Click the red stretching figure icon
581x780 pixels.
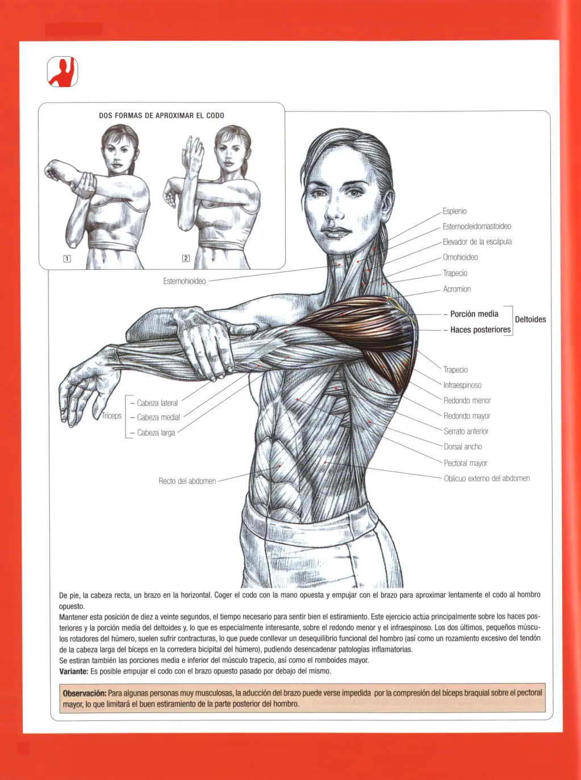[62, 72]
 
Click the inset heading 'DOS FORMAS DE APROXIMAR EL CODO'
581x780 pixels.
[161, 115]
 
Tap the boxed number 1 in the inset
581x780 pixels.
[67, 258]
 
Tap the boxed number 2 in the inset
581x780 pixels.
[186, 258]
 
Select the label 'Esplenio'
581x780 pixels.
[454, 211]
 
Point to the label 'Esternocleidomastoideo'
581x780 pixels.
[476, 227]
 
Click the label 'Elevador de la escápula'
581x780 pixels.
[476, 242]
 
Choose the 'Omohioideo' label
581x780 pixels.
[460, 257]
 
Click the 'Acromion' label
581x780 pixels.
[457, 289]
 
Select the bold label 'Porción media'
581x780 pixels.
[474, 314]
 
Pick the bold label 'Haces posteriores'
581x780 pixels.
[480, 329]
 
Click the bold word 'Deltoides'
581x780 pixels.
[530, 319]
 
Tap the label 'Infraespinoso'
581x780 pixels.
[462, 385]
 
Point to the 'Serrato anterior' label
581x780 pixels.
[466, 431]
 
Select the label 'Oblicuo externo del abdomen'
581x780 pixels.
[486, 478]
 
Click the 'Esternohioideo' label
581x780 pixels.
[184, 281]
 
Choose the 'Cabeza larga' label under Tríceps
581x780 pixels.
[156, 433]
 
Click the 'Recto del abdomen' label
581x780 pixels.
[187, 481]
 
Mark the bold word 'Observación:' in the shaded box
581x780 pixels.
[84, 693]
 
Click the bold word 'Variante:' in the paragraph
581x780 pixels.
[74, 671]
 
